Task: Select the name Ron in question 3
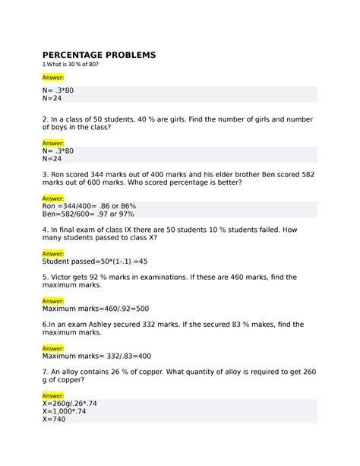(x=64, y=173)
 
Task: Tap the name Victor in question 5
(x=66, y=278)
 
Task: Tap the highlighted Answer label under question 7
(x=53, y=395)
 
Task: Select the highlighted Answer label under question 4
(x=53, y=254)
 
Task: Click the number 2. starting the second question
(x=46, y=119)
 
